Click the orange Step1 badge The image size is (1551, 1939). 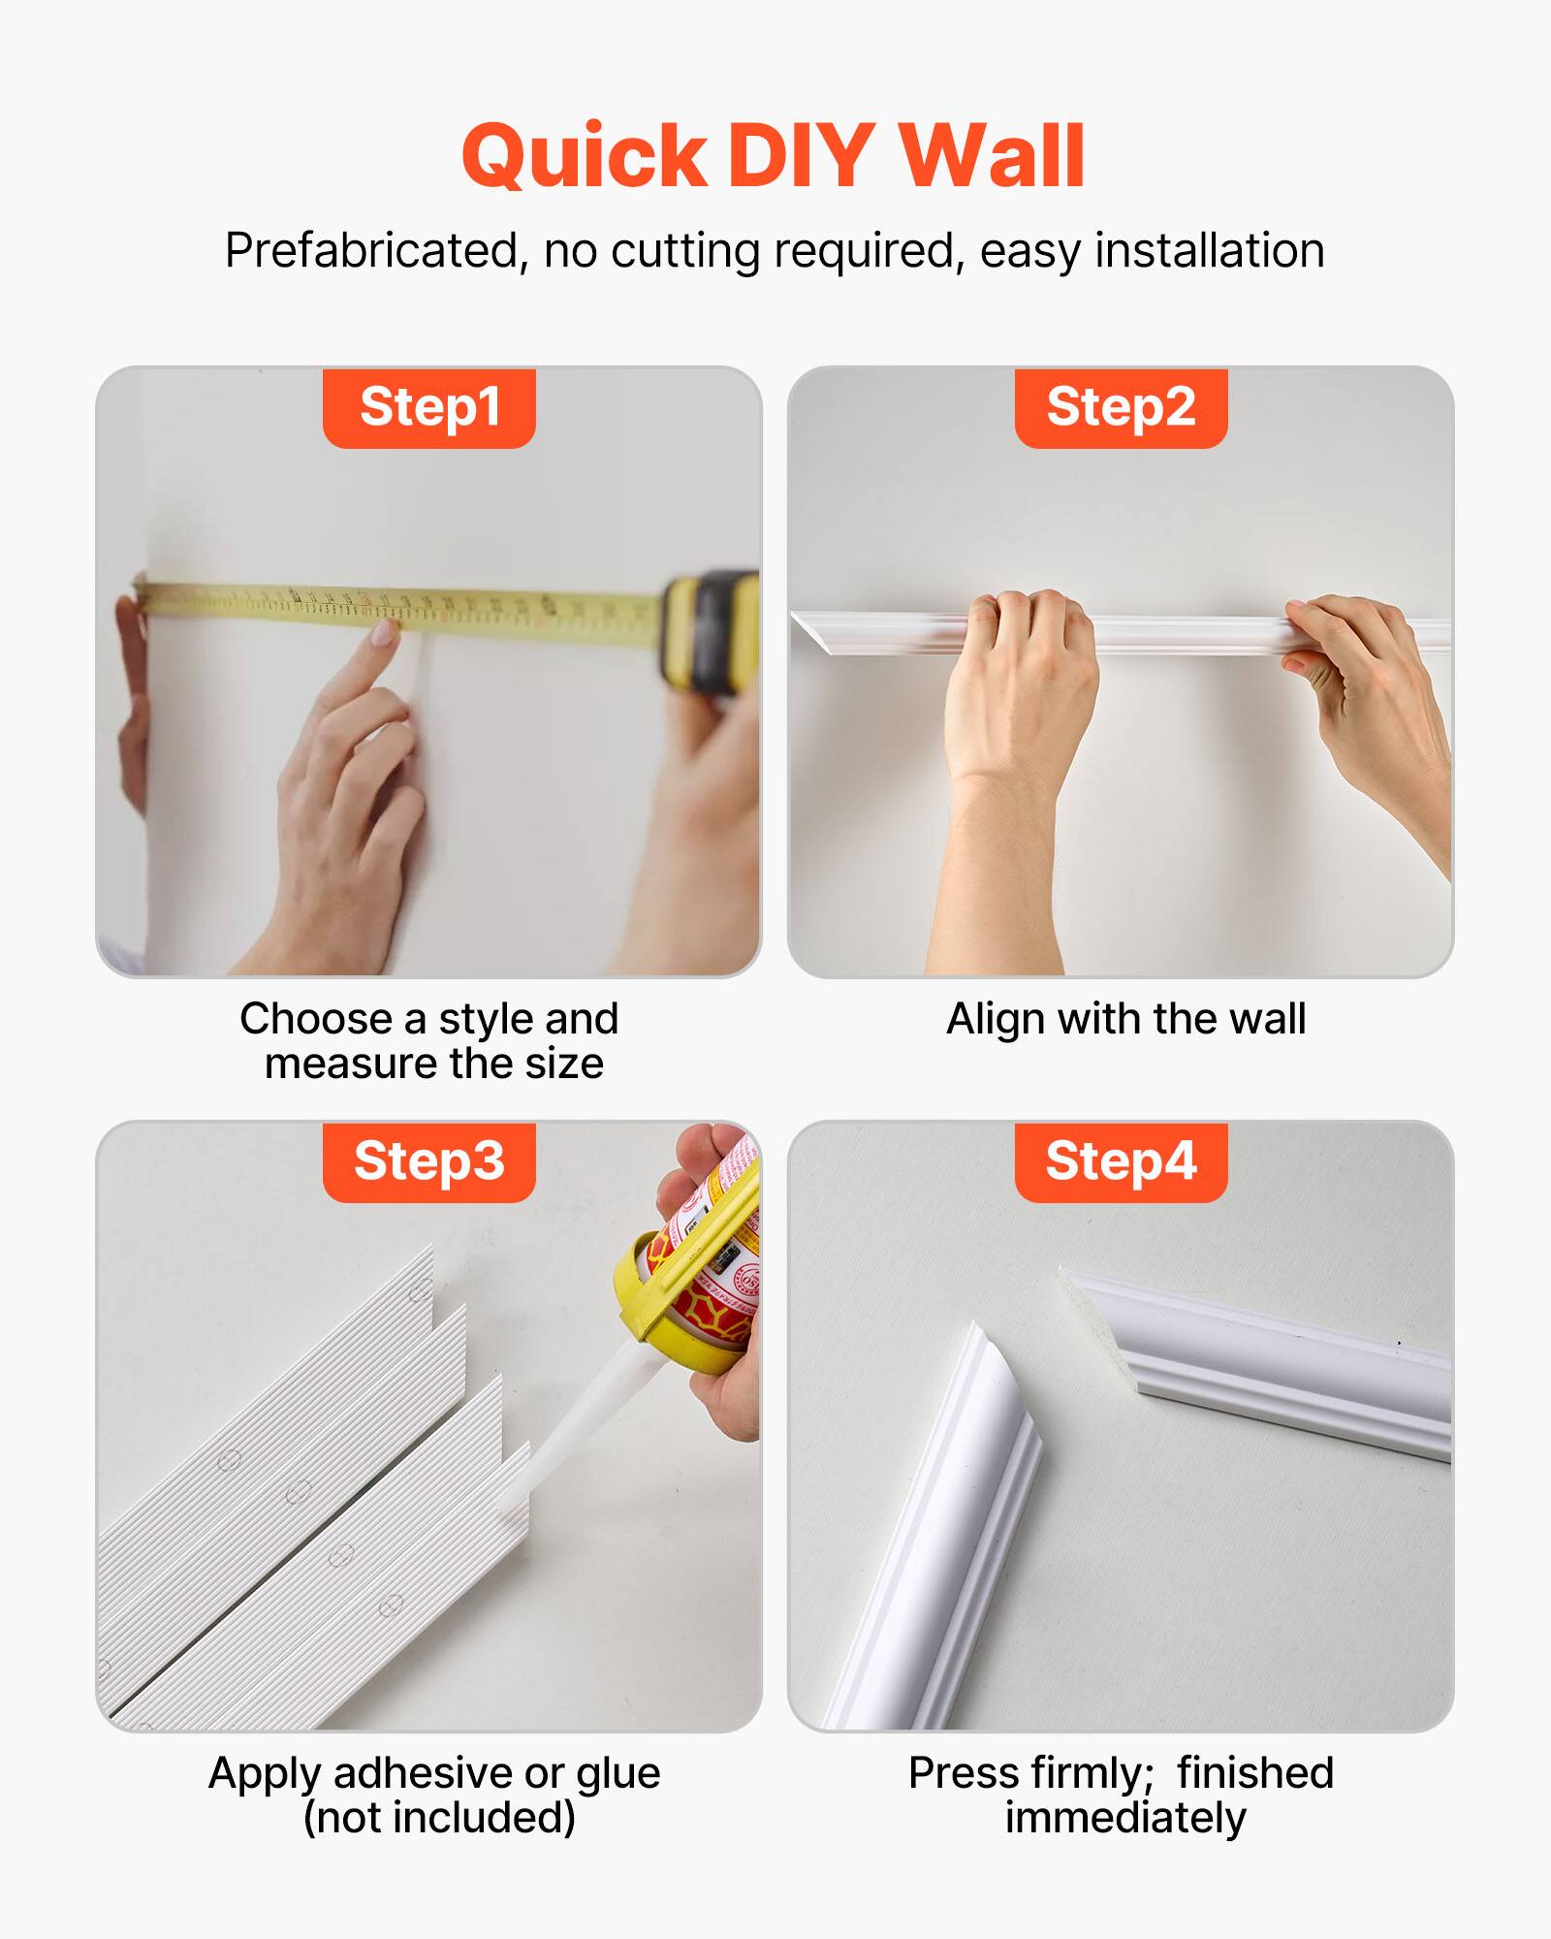(x=429, y=407)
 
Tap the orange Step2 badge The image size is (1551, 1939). (x=1121, y=407)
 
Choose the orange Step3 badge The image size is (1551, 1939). (x=429, y=1161)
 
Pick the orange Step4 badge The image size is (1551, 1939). (x=1121, y=1161)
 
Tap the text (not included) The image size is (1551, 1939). (x=439, y=1818)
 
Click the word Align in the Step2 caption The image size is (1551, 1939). (x=996, y=1019)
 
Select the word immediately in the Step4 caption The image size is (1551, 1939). (x=1124, y=1818)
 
